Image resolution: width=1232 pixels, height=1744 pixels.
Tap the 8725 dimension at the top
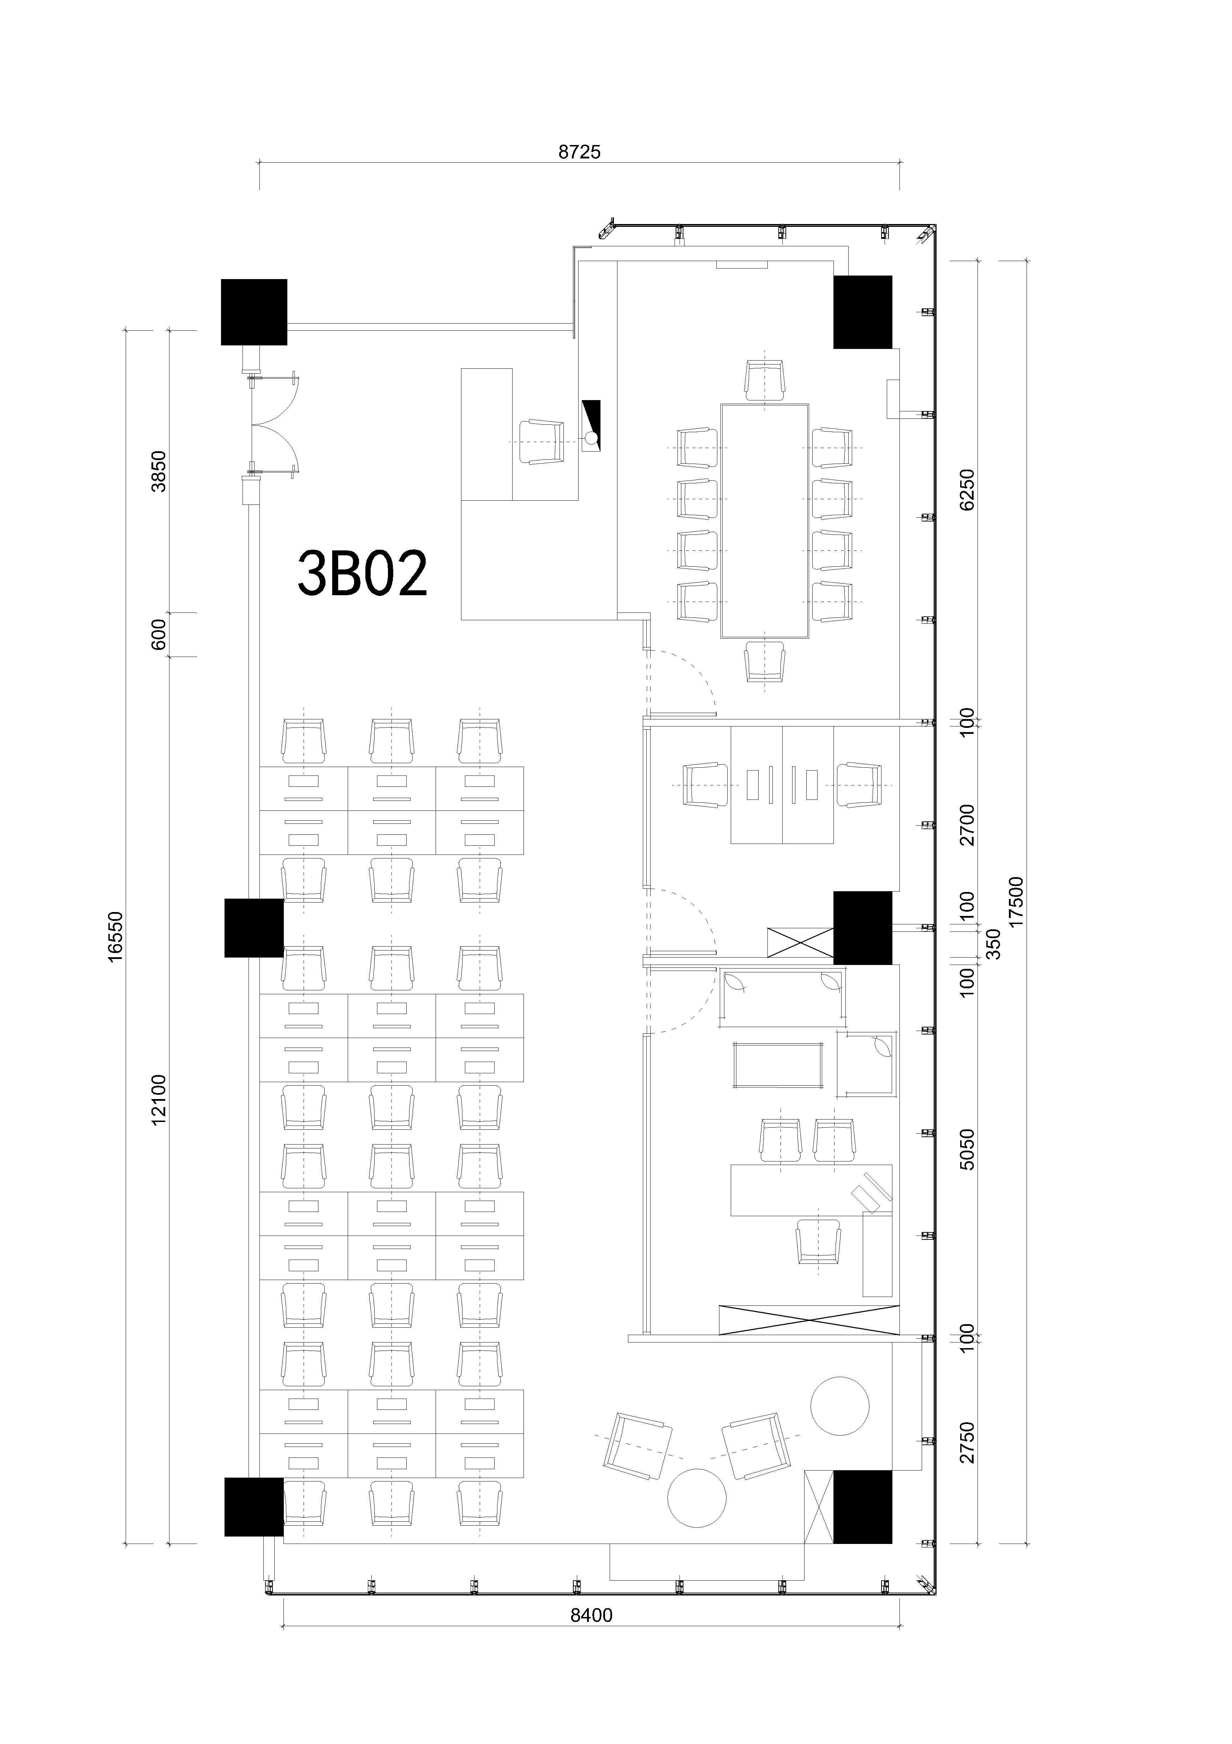(579, 153)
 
